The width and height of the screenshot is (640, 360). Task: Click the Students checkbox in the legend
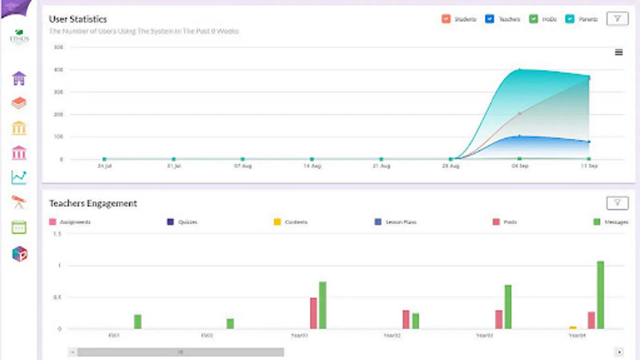pos(446,19)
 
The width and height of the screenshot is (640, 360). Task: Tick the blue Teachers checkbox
pos(489,19)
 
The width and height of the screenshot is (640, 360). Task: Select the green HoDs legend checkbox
pos(533,19)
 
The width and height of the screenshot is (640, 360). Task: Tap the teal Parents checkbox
pos(570,19)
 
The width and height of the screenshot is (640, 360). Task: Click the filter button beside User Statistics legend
pos(617,19)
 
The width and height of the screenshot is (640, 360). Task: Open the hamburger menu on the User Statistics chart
pos(618,52)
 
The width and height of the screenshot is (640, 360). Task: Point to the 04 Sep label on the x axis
pos(520,166)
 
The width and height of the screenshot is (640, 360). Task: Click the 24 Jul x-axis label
pos(104,166)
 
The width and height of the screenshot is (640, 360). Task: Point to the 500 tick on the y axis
pos(58,47)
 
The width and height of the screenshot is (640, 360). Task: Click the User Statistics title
pos(78,19)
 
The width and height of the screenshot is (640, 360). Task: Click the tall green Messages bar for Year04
pos(600,295)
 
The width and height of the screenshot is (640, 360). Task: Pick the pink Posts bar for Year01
pos(313,313)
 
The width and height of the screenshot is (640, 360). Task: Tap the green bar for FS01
pos(138,322)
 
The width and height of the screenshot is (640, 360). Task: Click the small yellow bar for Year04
pos(573,328)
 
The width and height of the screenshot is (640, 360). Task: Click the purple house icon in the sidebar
pos(19,78)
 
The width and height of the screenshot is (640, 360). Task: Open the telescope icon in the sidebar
pos(19,202)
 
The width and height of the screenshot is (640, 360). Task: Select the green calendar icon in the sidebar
pos(19,227)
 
